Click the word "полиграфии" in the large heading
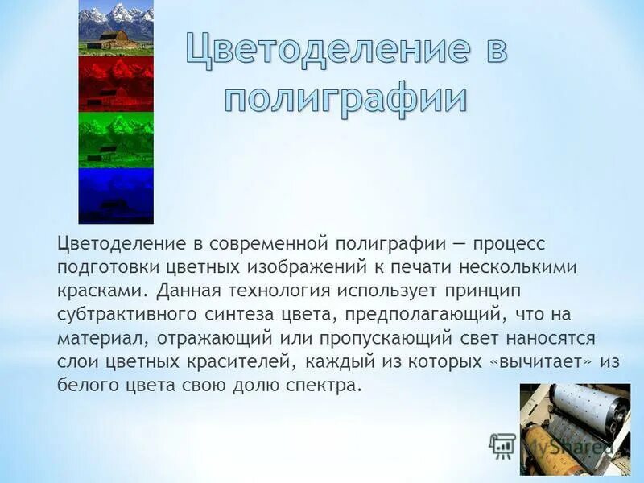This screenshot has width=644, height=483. (345, 99)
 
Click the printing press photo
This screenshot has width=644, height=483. (575, 428)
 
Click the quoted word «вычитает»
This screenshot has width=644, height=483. (535, 361)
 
